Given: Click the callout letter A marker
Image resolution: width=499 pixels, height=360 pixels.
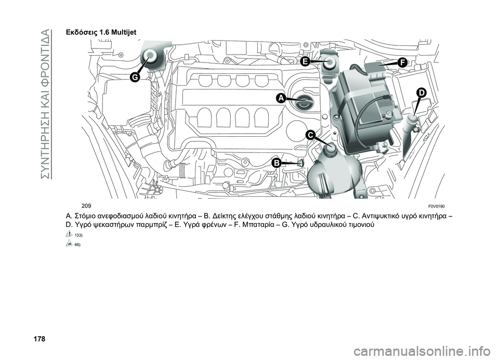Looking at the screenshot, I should click(x=280, y=98).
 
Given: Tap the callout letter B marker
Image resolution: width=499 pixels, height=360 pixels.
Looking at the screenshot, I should click(x=277, y=163).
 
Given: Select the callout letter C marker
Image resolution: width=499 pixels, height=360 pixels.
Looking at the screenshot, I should click(x=310, y=135).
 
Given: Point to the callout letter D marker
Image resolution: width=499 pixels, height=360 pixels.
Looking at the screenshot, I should click(x=421, y=92).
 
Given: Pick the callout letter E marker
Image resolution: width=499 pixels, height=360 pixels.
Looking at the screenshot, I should click(x=305, y=61).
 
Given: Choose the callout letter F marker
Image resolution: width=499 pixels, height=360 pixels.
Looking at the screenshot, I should click(x=401, y=62).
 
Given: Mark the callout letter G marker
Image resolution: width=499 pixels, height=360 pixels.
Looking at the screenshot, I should click(x=134, y=77).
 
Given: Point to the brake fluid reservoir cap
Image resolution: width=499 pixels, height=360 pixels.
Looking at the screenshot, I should click(x=330, y=63).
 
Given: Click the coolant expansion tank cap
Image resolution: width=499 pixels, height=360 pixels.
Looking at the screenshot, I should click(x=329, y=151).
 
